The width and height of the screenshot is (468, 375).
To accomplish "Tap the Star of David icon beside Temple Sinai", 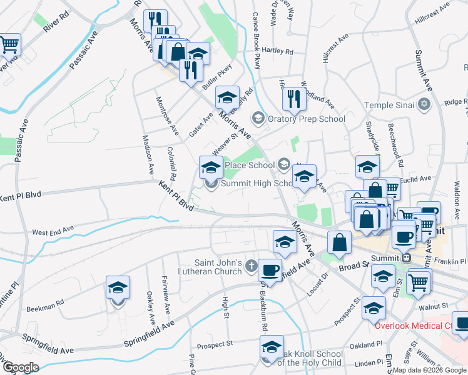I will [x=425, y=104].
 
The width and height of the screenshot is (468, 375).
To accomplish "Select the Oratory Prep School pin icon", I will [x=257, y=118].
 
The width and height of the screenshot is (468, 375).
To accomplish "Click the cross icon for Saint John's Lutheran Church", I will [x=252, y=267].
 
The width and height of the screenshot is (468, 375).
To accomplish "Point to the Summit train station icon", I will [x=406, y=257].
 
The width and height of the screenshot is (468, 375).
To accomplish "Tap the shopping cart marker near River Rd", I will [x=9, y=44].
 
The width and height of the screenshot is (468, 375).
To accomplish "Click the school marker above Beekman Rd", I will [x=118, y=288].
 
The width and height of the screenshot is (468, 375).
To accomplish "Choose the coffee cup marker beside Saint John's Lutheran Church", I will [x=270, y=270].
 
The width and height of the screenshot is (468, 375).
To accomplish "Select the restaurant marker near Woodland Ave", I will [x=293, y=97].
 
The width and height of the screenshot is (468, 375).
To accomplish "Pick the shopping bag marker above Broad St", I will [x=338, y=243].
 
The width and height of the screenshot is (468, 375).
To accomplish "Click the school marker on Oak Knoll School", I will [x=272, y=347].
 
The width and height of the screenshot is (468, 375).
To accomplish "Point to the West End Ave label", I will [x=53, y=231].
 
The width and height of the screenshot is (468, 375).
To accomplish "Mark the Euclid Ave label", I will [x=417, y=179].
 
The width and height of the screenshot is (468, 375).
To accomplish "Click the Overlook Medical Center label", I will [x=420, y=326].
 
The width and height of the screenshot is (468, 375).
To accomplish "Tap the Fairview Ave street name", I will [x=166, y=294].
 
